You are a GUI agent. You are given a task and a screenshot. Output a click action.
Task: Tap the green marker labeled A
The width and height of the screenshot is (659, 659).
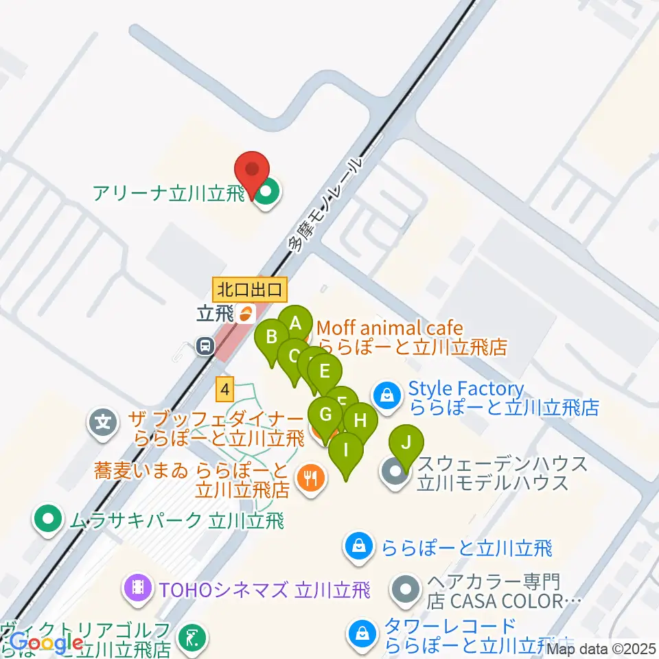click(295, 323)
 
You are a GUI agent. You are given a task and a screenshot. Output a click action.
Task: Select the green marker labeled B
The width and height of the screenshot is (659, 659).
click(272, 336)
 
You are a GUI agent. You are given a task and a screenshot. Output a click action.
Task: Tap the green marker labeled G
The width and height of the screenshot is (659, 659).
click(326, 415)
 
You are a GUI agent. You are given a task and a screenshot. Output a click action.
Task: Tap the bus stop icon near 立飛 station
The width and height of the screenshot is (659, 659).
click(205, 347)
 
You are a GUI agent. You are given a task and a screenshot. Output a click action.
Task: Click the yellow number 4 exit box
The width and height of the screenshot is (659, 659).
click(224, 389)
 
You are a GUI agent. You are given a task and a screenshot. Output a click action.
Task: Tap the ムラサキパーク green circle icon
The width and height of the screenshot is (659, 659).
click(47, 520)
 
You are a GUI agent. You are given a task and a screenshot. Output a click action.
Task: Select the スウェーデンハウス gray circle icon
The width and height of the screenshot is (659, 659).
click(395, 473)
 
